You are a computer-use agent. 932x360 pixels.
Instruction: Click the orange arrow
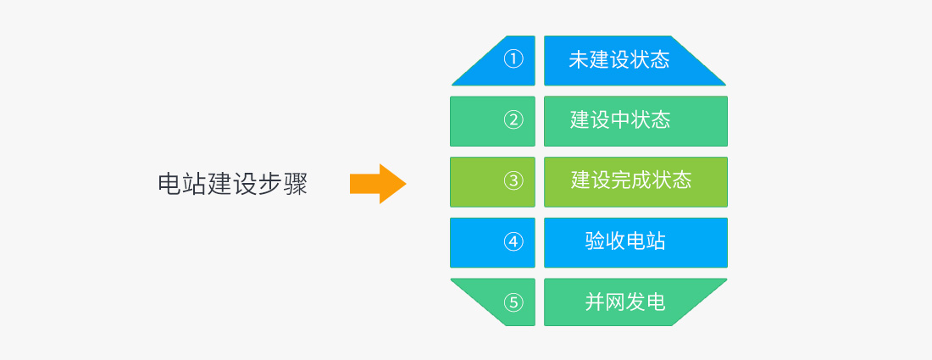(378, 184)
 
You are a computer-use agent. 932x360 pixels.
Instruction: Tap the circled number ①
(513, 59)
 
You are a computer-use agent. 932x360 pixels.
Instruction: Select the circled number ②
(513, 120)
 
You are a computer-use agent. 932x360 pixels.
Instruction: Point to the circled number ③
(513, 180)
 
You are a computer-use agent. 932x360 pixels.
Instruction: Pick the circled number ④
(513, 241)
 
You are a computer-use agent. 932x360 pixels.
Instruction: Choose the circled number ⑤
(513, 302)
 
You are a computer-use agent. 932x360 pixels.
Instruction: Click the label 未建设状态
(619, 60)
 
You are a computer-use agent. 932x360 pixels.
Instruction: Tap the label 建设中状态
(620, 120)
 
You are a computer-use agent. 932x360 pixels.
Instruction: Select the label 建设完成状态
(631, 180)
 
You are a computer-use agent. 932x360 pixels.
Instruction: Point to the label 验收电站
(625, 241)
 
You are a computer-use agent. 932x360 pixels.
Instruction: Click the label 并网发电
(625, 302)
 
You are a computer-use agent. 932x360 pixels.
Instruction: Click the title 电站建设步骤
(233, 184)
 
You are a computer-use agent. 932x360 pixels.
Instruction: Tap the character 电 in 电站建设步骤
(170, 184)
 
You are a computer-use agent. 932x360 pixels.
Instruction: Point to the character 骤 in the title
(296, 184)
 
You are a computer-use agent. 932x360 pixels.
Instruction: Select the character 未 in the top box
(579, 60)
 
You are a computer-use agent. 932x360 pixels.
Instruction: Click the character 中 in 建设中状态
(620, 120)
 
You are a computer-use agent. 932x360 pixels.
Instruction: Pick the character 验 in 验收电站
(595, 241)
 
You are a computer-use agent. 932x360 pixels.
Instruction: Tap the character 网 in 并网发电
(615, 302)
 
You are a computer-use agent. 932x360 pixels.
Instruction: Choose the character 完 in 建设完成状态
(621, 180)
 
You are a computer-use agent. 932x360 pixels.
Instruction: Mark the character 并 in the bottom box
(595, 302)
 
